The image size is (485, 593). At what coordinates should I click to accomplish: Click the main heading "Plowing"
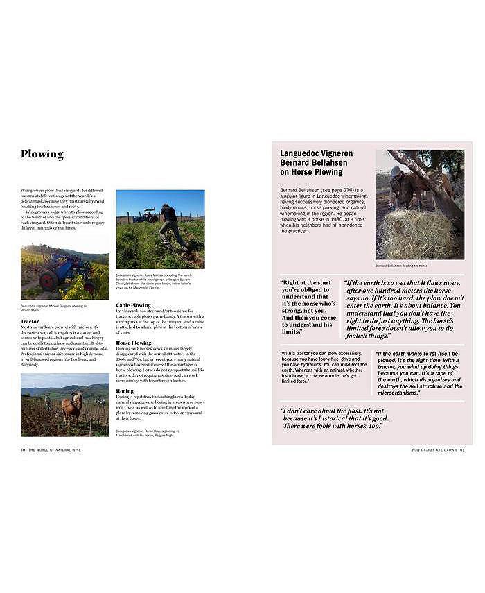coord(42,154)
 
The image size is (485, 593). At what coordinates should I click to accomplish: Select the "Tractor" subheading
coord(30,321)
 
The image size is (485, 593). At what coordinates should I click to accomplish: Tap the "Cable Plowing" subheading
coord(133,304)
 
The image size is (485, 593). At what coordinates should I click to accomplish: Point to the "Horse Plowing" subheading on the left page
coord(134,342)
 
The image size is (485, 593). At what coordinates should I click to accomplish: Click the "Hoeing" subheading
coord(125,390)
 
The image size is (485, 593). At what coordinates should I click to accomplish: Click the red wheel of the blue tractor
coord(48,282)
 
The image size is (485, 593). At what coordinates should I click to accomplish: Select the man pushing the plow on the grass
coord(170,225)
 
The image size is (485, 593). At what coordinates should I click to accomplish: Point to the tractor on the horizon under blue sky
coord(145,216)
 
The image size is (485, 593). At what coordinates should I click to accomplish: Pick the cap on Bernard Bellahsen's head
coord(396,171)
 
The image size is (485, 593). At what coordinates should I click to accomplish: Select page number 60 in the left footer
coord(23,449)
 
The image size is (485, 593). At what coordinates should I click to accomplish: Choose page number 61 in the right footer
coord(461,449)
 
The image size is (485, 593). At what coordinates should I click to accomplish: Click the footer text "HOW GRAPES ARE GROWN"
coord(434,449)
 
